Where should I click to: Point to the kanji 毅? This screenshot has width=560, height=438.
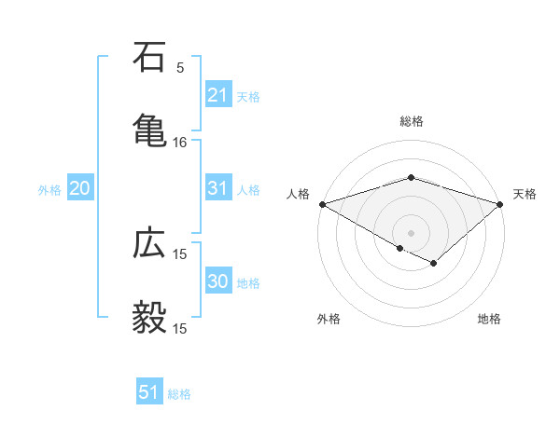[x=150, y=317]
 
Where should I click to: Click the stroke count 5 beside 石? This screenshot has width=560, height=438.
[x=180, y=67]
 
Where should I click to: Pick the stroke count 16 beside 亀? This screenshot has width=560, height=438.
[x=180, y=143]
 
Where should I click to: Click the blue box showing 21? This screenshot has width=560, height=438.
[x=217, y=95]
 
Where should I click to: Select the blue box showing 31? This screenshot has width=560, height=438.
[x=217, y=189]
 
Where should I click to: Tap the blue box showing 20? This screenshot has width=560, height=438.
[x=79, y=189]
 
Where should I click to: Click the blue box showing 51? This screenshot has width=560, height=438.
[x=148, y=393]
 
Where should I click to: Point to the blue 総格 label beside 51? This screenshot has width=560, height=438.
[x=179, y=394]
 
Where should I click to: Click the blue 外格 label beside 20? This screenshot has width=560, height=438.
[x=49, y=190]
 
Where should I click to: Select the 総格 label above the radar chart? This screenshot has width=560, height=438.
[x=411, y=121]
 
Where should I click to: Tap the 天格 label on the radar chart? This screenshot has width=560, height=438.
[x=525, y=194]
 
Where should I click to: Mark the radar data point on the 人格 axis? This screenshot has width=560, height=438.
[x=322, y=204]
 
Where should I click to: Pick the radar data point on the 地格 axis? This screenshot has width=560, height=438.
[x=434, y=264]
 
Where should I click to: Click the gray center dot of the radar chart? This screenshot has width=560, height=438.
[x=411, y=232]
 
